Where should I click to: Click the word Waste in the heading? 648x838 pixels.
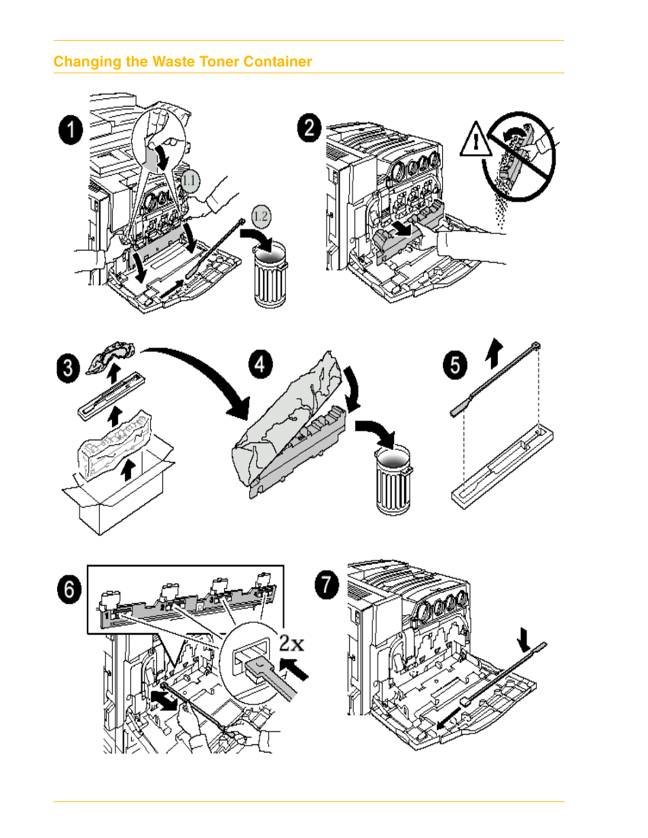(172, 62)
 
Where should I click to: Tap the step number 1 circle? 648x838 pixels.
(71, 130)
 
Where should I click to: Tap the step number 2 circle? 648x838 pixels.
(309, 128)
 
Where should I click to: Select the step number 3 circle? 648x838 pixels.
(68, 368)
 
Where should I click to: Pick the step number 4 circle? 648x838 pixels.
(260, 364)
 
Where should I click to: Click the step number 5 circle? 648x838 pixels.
(455, 364)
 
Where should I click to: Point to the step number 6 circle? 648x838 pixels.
(69, 589)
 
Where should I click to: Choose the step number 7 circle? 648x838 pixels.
(327, 584)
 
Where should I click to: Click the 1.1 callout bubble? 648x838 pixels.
(190, 180)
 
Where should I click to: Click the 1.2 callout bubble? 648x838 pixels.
(261, 216)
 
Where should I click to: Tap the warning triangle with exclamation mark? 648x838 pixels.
(476, 140)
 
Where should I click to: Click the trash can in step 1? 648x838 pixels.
(270, 276)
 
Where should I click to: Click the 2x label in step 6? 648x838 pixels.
(291, 643)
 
